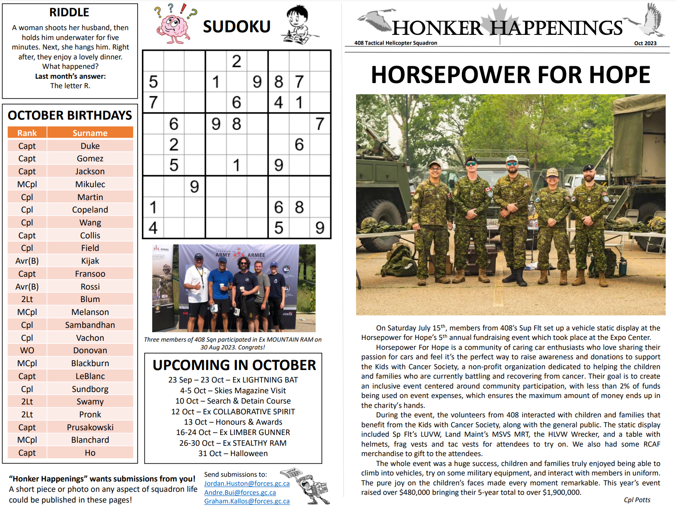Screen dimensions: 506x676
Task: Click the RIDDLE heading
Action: pyautogui.click(x=69, y=12)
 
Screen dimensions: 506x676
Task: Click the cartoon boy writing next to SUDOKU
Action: pyautogui.click(x=298, y=25)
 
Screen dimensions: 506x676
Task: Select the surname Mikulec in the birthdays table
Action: pyautogui.click(x=90, y=184)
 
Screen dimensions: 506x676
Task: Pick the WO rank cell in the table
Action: pyautogui.click(x=27, y=350)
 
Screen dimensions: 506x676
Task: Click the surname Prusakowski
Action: pyautogui.click(x=90, y=427)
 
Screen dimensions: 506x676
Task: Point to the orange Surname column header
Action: pyautogui.click(x=90, y=133)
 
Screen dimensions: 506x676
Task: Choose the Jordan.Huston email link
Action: pyautogui.click(x=246, y=484)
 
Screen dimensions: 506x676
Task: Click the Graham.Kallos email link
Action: pyautogui.click(x=246, y=501)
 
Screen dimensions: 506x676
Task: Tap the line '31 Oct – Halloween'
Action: pyautogui.click(x=233, y=454)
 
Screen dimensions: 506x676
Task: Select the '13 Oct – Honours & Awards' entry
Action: pyautogui.click(x=233, y=422)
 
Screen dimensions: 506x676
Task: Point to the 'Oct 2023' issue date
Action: pyautogui.click(x=645, y=43)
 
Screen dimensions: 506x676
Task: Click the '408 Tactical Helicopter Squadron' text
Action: pyautogui.click(x=396, y=43)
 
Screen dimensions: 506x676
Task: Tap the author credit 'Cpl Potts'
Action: pyautogui.click(x=637, y=500)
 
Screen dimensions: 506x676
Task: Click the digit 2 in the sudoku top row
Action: pyautogui.click(x=237, y=61)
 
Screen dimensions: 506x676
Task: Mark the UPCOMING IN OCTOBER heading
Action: pyautogui.click(x=234, y=365)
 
